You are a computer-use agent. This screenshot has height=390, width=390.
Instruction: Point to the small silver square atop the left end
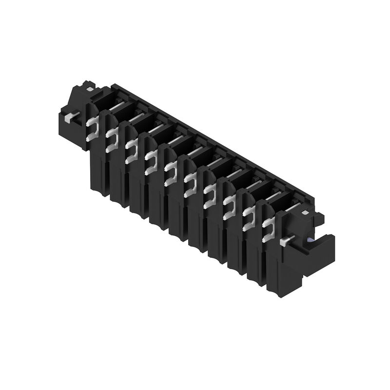[x=90, y=89]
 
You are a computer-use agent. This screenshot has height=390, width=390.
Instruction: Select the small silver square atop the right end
[x=304, y=213]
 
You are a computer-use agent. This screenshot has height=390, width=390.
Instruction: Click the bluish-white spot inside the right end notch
[x=310, y=240]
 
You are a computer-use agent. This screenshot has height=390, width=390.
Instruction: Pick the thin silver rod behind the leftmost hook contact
[x=117, y=105]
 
